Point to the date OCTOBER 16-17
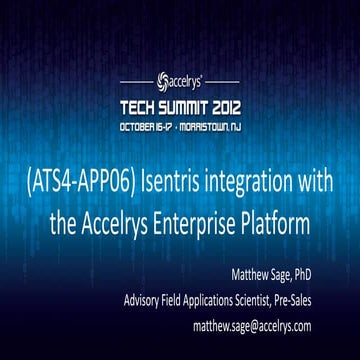coord(147,127)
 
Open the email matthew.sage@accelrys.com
coord(276,325)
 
